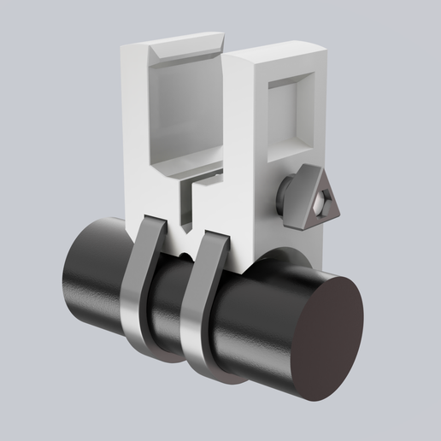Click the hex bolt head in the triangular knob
pos(322,204)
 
